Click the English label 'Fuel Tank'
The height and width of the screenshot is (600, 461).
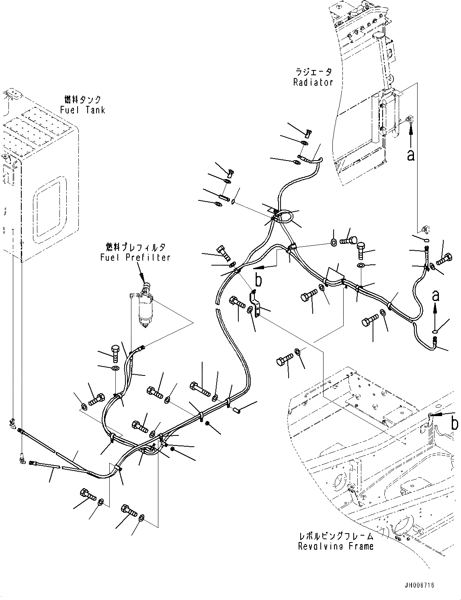point(82,110)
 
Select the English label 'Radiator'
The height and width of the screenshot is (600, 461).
point(313,82)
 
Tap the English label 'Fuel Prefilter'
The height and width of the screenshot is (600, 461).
point(135,257)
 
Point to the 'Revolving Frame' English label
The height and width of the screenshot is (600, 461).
point(336,546)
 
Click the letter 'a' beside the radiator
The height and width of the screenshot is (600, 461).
point(410,155)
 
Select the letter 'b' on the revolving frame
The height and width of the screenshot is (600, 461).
point(454,423)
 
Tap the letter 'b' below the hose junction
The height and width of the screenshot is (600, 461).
point(258,280)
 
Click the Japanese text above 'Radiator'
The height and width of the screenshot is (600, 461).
point(313,72)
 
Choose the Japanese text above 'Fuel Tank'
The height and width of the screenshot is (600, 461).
point(82,99)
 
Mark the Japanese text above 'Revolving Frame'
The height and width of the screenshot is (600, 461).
point(336,536)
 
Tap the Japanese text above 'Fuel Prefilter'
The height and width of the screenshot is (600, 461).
point(135,247)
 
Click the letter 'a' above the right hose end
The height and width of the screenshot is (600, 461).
point(435,296)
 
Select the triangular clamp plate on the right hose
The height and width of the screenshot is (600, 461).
point(334,274)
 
